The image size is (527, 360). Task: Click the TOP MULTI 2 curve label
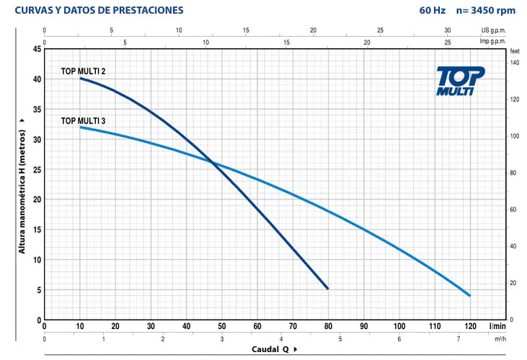[84, 71]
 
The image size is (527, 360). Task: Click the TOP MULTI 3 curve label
[84, 120]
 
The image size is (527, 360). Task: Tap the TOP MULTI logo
[461, 80]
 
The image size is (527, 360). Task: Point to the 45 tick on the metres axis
[36, 49]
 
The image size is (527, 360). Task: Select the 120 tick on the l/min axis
[470, 326]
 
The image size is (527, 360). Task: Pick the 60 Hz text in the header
[431, 11]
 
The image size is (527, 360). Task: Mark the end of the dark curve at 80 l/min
[328, 289]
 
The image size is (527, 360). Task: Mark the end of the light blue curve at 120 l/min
[470, 296]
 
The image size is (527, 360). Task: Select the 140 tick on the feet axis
[514, 63]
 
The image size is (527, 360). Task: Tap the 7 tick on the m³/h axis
[459, 338]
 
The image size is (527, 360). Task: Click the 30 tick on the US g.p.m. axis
[448, 31]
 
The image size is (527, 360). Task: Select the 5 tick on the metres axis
[37, 290]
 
